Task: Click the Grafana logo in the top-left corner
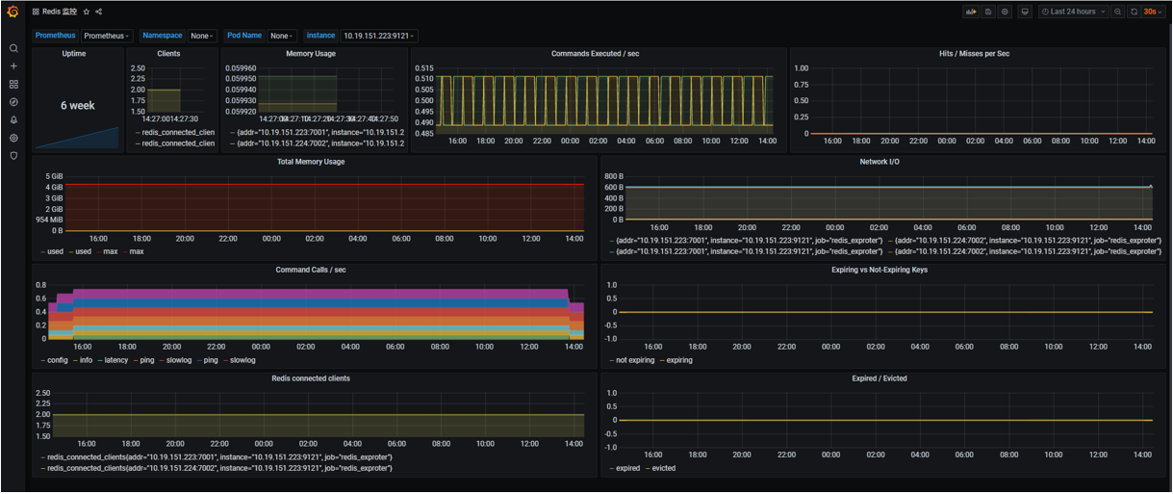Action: tap(13, 12)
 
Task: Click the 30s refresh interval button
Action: tap(1150, 12)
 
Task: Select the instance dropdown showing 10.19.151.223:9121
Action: tap(378, 36)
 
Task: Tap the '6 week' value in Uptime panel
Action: tap(77, 105)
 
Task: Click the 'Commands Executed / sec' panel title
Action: tap(595, 54)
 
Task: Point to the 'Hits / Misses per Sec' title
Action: tap(974, 54)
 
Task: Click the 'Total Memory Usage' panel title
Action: tap(311, 162)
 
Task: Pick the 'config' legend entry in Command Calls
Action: tap(57, 360)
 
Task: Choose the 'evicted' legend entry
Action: tap(663, 468)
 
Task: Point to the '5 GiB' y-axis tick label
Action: tap(53, 176)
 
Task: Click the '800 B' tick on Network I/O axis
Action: tap(614, 176)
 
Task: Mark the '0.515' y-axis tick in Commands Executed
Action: tap(423, 68)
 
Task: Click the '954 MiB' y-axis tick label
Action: tap(49, 220)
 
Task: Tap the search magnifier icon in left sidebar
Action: tap(13, 48)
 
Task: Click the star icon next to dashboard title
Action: tap(86, 12)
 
